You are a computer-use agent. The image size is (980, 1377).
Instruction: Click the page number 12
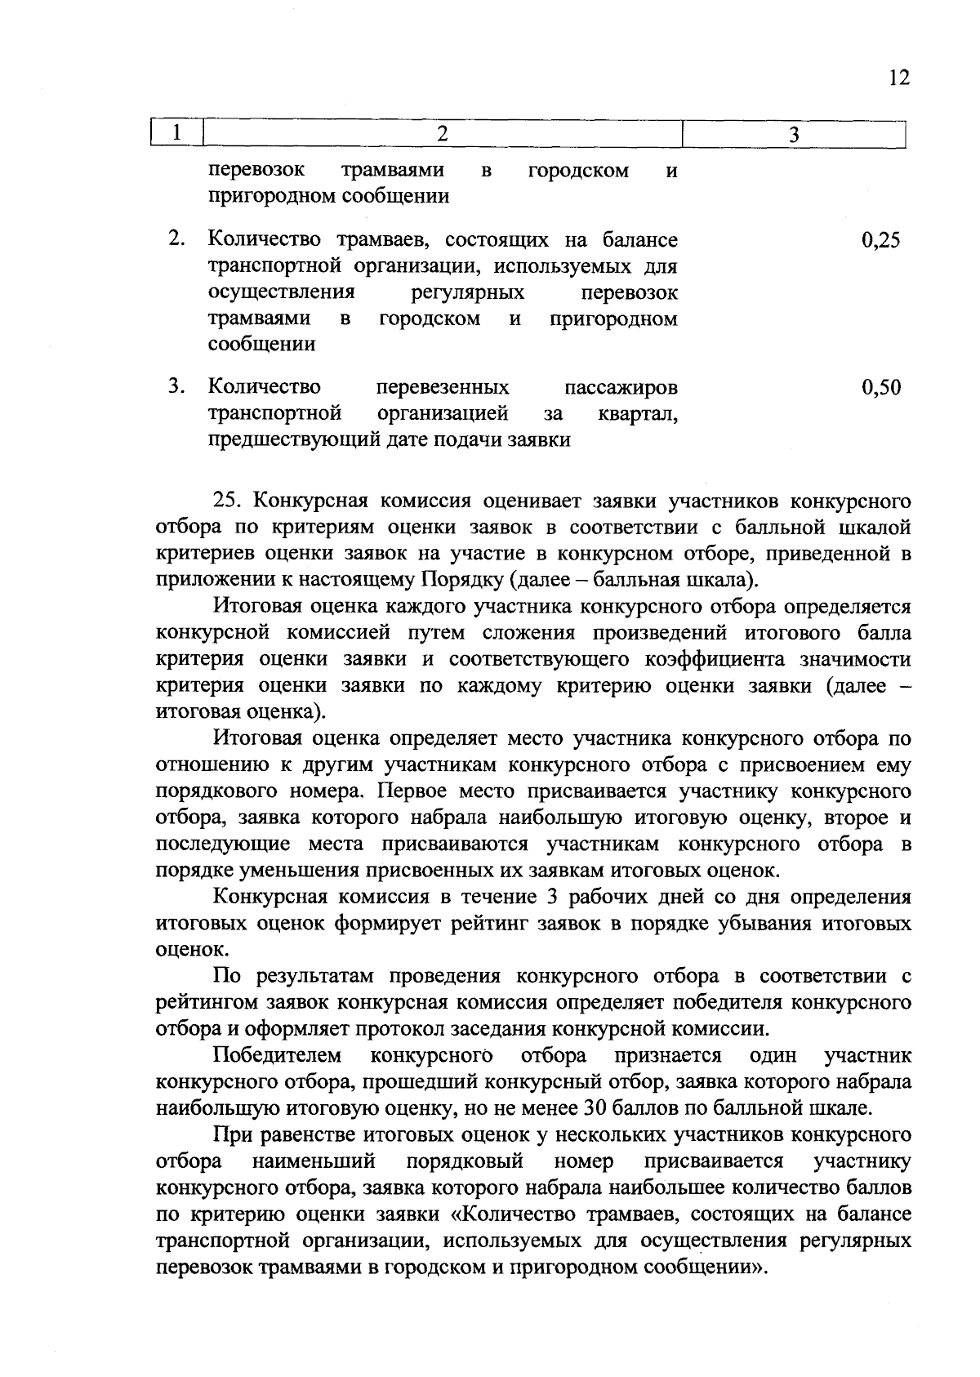point(897,78)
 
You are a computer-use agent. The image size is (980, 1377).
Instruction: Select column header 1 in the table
point(176,133)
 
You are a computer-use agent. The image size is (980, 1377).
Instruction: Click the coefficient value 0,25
point(880,240)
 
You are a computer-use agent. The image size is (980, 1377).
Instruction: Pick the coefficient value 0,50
point(880,387)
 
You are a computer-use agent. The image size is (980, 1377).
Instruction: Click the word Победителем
point(278,1055)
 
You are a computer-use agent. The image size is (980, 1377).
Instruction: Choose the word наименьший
point(314,1161)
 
